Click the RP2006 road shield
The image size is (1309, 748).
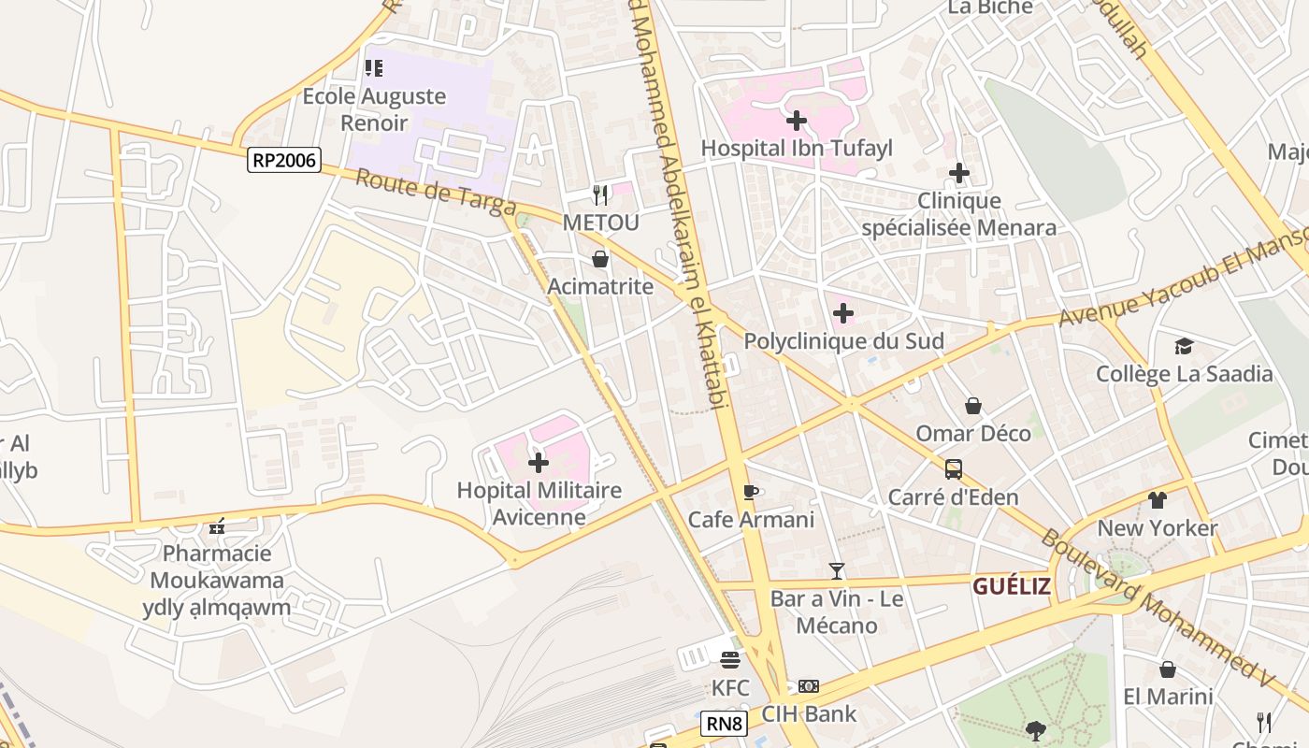[x=284, y=160]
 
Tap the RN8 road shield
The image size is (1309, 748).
[x=724, y=723]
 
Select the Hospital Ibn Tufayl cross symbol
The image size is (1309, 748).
[x=797, y=121]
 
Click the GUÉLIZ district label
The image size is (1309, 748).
[x=1011, y=586]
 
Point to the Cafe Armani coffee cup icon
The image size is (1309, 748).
[x=750, y=492]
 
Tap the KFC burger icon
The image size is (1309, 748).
[x=730, y=660]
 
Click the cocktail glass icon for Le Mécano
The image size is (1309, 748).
[x=837, y=570]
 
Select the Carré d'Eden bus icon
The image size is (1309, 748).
[x=953, y=469]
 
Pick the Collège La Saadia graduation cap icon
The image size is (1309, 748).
[x=1184, y=347]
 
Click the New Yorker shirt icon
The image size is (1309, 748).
[x=1158, y=500]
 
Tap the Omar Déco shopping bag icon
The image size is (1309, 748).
[x=973, y=406]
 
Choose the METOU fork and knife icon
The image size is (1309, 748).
[x=600, y=195]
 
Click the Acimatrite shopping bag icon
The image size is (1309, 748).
[x=600, y=259]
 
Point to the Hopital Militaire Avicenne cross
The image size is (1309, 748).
[x=539, y=462]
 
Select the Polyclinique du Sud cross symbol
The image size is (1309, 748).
[x=843, y=313]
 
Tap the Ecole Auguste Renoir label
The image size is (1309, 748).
[x=374, y=109]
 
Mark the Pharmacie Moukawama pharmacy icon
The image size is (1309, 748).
[x=218, y=526]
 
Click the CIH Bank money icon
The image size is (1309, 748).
[x=809, y=686]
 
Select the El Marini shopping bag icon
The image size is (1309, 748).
[x=1168, y=669]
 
